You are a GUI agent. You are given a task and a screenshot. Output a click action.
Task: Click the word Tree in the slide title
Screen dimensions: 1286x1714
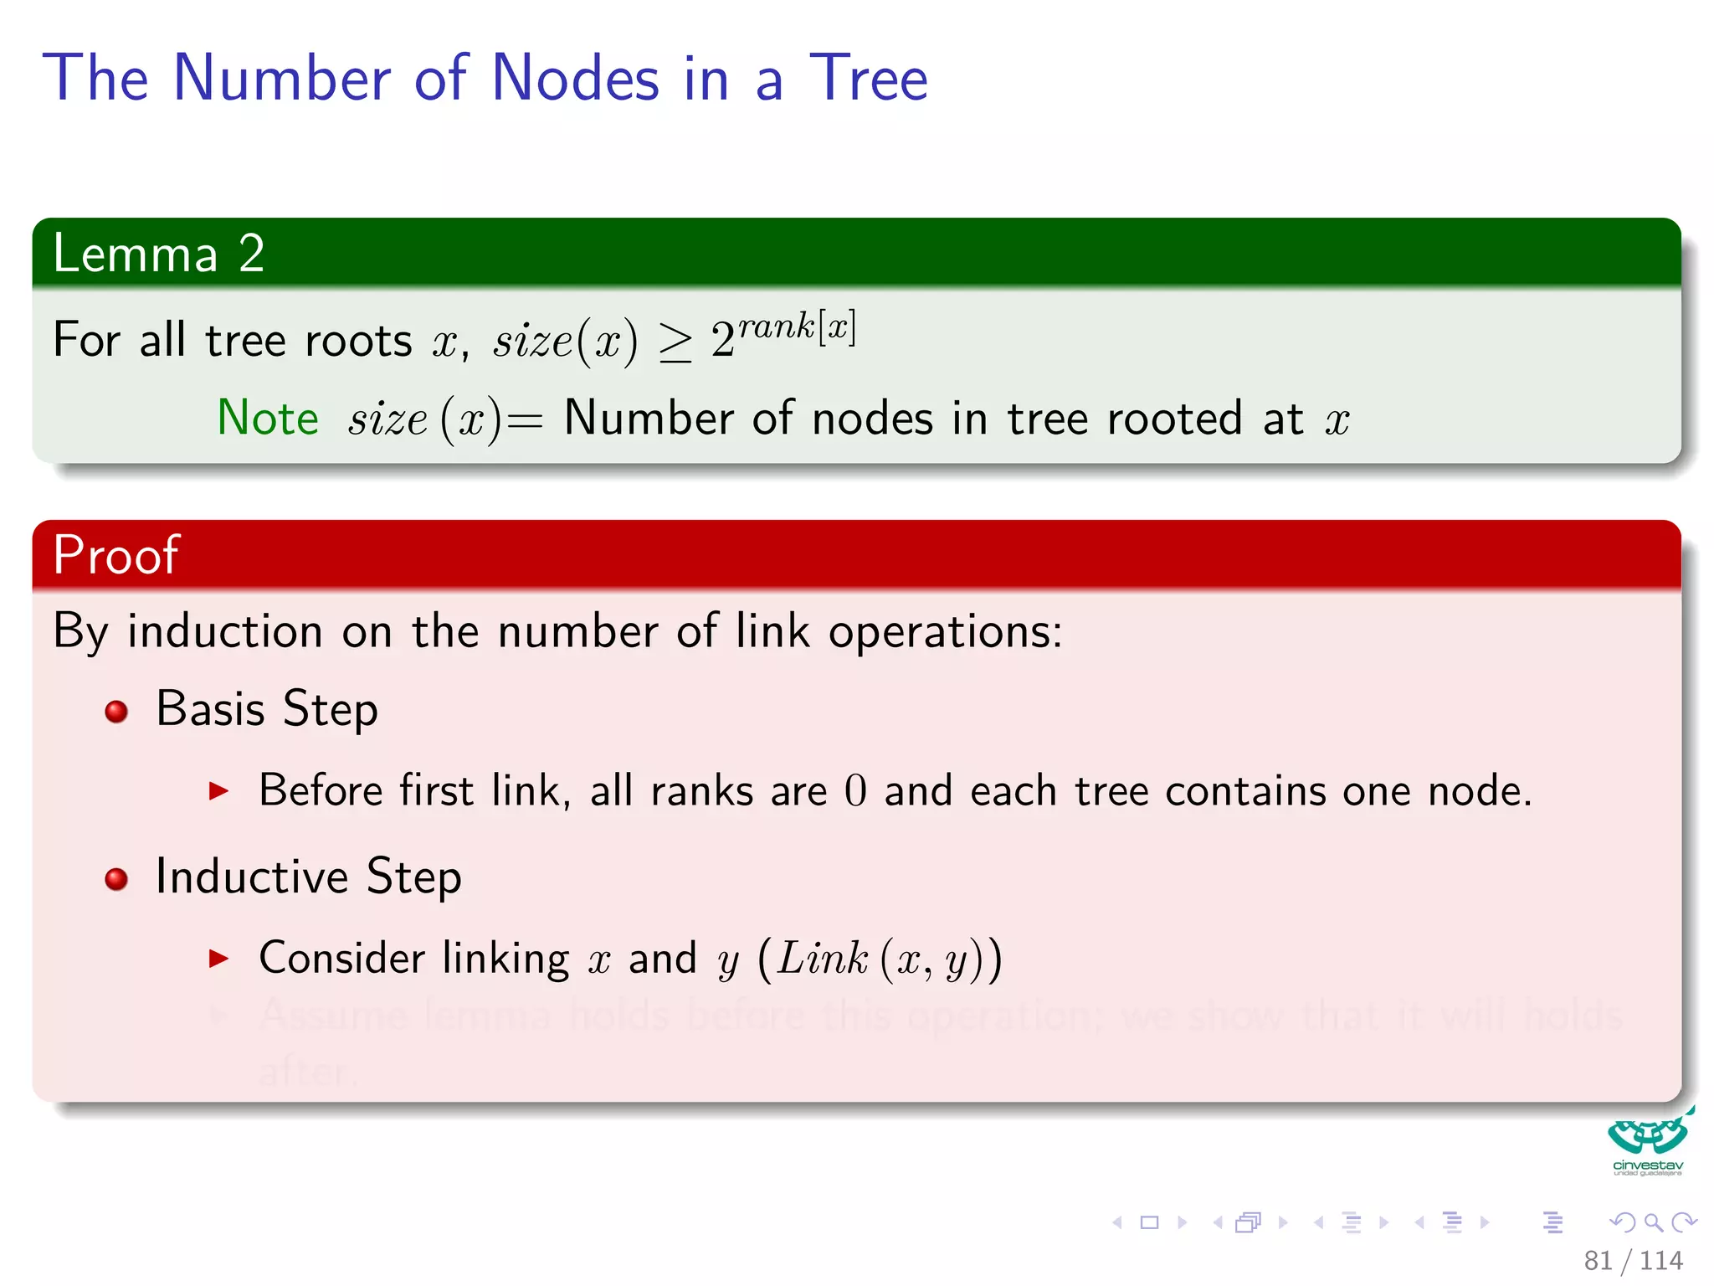coord(868,78)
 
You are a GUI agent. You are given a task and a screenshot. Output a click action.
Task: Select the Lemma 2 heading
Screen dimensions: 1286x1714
coord(158,253)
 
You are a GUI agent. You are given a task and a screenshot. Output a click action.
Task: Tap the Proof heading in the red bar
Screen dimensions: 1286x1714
coord(115,554)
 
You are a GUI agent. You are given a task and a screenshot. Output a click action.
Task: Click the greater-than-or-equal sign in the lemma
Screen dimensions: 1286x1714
coord(675,342)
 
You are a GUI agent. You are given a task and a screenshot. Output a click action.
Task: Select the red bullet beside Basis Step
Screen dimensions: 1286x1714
coord(116,712)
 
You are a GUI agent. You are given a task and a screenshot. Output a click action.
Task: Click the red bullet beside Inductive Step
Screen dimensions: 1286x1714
coord(116,879)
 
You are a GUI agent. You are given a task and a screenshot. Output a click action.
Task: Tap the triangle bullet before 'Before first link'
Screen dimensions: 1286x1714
coord(218,790)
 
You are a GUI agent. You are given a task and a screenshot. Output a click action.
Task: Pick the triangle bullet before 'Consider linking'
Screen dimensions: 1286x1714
coord(218,958)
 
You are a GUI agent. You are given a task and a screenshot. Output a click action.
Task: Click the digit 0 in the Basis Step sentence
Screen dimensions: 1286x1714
coord(855,791)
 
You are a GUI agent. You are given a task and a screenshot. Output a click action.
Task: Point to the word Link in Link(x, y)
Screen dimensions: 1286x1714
coord(822,958)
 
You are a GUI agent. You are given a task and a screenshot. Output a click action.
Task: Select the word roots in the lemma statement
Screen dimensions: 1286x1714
coord(358,341)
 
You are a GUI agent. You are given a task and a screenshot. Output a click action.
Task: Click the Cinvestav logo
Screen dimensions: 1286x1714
coord(1647,1142)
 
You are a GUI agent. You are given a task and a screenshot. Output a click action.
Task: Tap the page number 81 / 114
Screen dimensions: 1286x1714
coord(1633,1260)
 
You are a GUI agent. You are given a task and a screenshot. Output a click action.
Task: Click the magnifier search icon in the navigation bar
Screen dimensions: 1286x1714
coord(1653,1222)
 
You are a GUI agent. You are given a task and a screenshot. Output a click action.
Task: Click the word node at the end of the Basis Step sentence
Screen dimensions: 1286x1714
coord(1477,791)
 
